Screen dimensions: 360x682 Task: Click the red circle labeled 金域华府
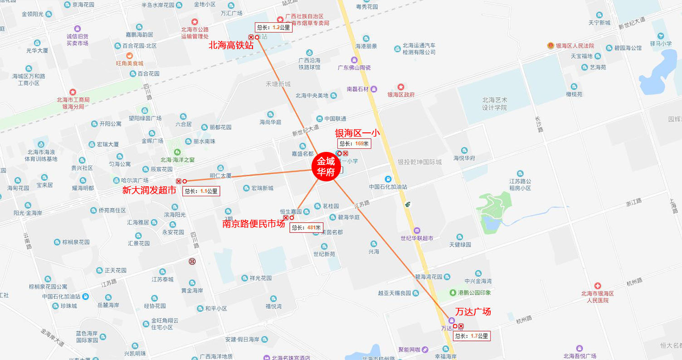pyautogui.click(x=325, y=165)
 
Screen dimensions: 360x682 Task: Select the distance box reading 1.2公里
pyautogui.click(x=273, y=27)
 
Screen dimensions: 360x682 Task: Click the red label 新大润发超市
pyautogui.click(x=149, y=190)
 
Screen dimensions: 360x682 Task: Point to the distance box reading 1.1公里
pyautogui.click(x=201, y=191)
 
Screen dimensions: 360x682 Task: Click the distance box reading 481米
pyautogui.click(x=306, y=228)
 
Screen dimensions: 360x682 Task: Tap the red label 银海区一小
pyautogui.click(x=357, y=133)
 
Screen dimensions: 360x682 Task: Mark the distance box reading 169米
pyautogui.click(x=354, y=144)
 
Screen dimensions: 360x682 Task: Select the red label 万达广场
pyautogui.click(x=473, y=312)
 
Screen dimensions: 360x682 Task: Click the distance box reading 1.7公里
pyautogui.click(x=472, y=336)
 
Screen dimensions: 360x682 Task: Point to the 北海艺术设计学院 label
pyautogui.click(x=495, y=104)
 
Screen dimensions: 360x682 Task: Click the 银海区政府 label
pyautogui.click(x=401, y=95)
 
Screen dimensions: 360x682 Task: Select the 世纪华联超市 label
pyautogui.click(x=417, y=238)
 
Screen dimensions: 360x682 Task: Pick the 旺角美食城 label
pyautogui.click(x=129, y=63)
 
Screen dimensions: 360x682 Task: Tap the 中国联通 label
pyautogui.click(x=335, y=119)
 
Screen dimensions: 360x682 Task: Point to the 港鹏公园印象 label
pyautogui.click(x=474, y=292)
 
